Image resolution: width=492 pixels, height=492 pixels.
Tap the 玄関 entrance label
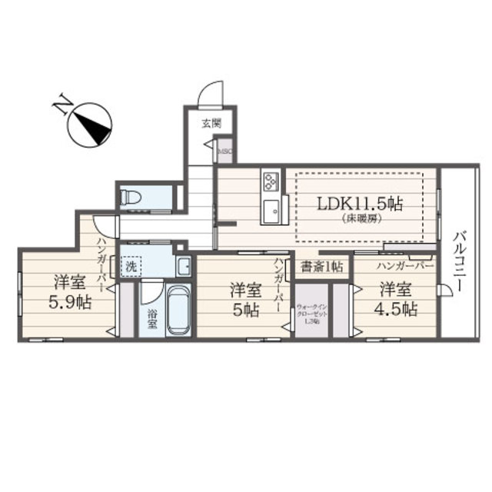tap(211, 122)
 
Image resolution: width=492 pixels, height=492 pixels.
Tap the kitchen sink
tap(272, 209)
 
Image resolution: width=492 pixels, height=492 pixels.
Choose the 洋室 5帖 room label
tap(245, 299)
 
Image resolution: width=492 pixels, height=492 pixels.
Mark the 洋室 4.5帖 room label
tap(397, 299)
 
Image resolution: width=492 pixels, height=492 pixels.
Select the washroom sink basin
tap(183, 267)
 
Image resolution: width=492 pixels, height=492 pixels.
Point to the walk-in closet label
tap(312, 314)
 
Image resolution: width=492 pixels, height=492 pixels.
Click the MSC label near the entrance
tap(224, 151)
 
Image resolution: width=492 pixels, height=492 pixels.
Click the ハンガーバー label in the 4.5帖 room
tap(404, 266)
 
